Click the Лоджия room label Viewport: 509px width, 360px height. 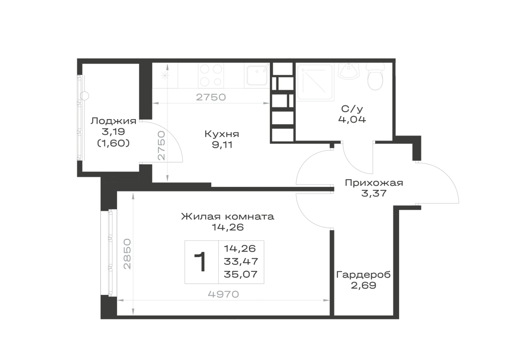[x=114, y=121]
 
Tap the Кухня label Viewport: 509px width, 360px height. [x=222, y=134]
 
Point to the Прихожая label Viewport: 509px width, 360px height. [x=374, y=183]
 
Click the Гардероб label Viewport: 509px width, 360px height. [x=363, y=275]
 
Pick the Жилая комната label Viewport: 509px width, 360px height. [x=228, y=216]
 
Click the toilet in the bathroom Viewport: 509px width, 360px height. [x=375, y=77]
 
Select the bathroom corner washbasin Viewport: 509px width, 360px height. [x=349, y=71]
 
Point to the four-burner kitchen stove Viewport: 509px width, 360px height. [x=211, y=75]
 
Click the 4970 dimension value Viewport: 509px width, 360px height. [x=223, y=294]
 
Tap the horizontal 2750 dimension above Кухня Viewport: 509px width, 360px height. [x=211, y=97]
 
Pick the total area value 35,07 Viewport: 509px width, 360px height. [x=241, y=274]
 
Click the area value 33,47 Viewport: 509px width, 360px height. [x=241, y=261]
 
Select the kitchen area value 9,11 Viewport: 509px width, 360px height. [x=222, y=145]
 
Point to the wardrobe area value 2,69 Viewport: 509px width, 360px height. [x=363, y=286]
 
